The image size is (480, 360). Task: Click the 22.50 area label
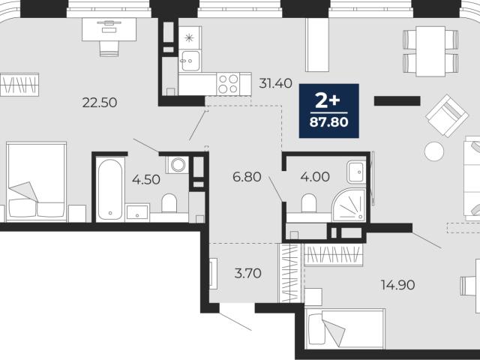[x=100, y=103]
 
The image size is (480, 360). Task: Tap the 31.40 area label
[x=275, y=83]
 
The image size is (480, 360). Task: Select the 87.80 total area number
[x=328, y=122]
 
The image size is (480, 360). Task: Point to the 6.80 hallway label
[x=247, y=177]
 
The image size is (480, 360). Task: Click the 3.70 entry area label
[x=248, y=273]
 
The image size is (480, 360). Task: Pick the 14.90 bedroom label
[x=398, y=285]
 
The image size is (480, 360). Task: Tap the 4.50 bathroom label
[x=146, y=180]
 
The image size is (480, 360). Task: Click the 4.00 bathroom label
[x=315, y=177]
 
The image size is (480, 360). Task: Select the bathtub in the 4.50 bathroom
[x=110, y=189]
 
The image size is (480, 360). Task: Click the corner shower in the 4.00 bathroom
[x=349, y=205]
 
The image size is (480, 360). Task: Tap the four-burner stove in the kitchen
[x=228, y=84]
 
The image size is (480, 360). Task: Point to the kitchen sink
[x=190, y=61]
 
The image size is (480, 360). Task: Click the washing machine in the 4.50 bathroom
[x=178, y=165]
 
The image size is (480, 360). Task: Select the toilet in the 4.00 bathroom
[x=308, y=203]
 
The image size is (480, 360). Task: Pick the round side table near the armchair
[x=434, y=151]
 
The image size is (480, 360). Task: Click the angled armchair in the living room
[x=447, y=115]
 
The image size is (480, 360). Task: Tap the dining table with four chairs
[x=430, y=51]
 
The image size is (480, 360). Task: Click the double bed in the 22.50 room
[x=37, y=181]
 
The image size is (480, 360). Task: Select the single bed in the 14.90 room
[x=345, y=328]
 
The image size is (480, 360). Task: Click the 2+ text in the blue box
[x=328, y=101]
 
